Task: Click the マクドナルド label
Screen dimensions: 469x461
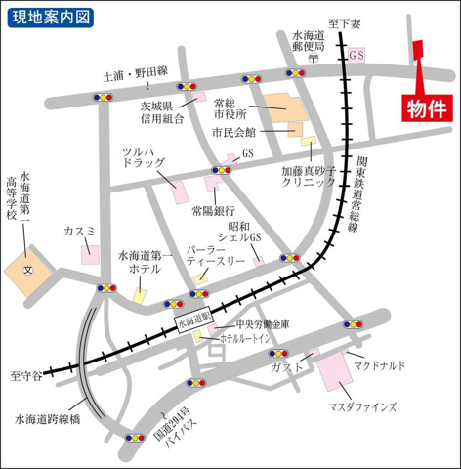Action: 380,364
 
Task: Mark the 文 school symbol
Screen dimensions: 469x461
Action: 28,269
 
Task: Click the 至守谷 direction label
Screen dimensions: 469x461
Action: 26,374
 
